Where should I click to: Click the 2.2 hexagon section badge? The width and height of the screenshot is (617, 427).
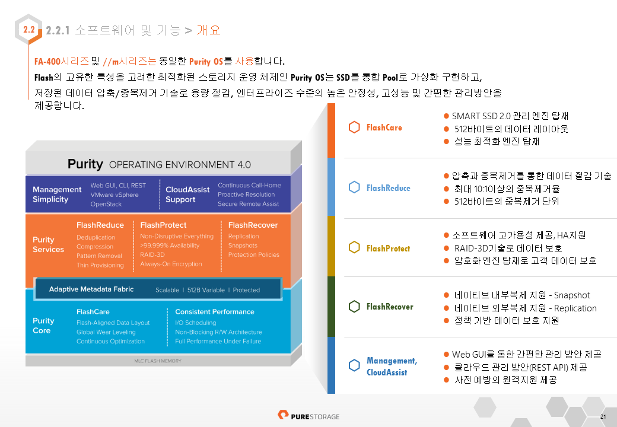tap(28, 30)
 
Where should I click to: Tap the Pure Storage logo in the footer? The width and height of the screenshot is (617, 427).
tap(308, 416)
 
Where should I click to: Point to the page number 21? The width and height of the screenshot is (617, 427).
tap(603, 417)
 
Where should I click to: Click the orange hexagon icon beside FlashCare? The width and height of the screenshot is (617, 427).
tap(354, 127)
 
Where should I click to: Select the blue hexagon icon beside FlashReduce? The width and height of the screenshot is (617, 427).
tap(354, 187)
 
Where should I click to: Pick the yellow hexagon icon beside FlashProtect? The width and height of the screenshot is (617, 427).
tap(354, 247)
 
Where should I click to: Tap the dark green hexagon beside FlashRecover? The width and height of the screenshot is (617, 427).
tap(354, 306)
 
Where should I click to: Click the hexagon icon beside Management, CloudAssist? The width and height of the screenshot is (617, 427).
tap(354, 365)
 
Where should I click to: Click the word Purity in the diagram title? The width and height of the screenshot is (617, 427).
tap(85, 164)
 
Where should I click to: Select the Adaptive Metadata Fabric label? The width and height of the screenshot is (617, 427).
tap(91, 289)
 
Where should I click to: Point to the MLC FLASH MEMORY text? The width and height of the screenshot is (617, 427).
tap(158, 361)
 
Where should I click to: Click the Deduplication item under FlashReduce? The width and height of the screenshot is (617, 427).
tap(96, 237)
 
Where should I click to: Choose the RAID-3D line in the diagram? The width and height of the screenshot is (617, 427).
tap(152, 255)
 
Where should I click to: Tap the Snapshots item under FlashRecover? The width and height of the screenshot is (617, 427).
tap(243, 246)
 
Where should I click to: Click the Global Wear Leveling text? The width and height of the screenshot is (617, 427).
tap(106, 332)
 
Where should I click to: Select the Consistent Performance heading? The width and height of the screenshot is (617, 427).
tap(214, 312)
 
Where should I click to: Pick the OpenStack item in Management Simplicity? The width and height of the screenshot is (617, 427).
tap(106, 204)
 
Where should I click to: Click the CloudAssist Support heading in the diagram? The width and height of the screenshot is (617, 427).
tap(187, 195)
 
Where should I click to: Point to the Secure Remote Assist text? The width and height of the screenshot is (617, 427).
tap(249, 203)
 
